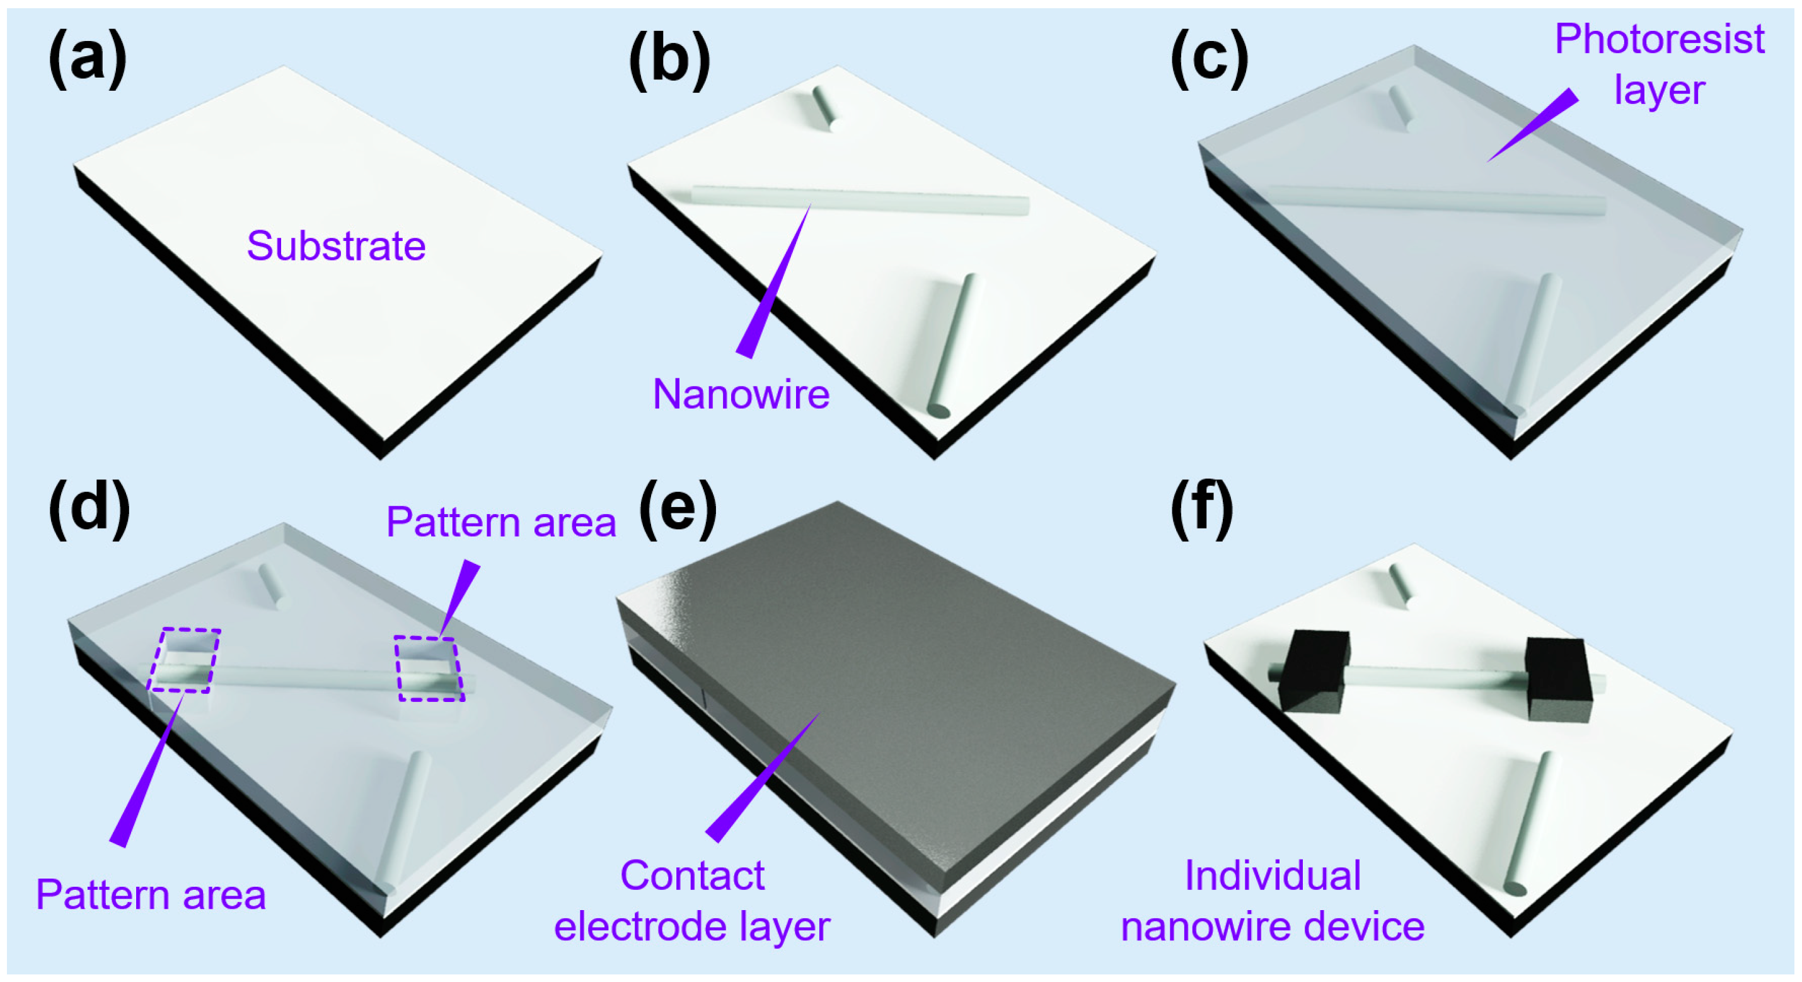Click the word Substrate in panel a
click(336, 247)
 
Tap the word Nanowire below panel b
click(741, 394)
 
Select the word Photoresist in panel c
click(1660, 39)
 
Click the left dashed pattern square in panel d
click(184, 660)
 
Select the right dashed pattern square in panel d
click(428, 669)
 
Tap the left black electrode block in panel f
click(1314, 670)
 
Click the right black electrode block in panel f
click(1559, 679)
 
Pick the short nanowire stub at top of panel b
click(823, 108)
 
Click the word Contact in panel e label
click(693, 875)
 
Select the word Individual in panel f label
click(1273, 875)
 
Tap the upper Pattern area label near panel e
click(501, 522)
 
